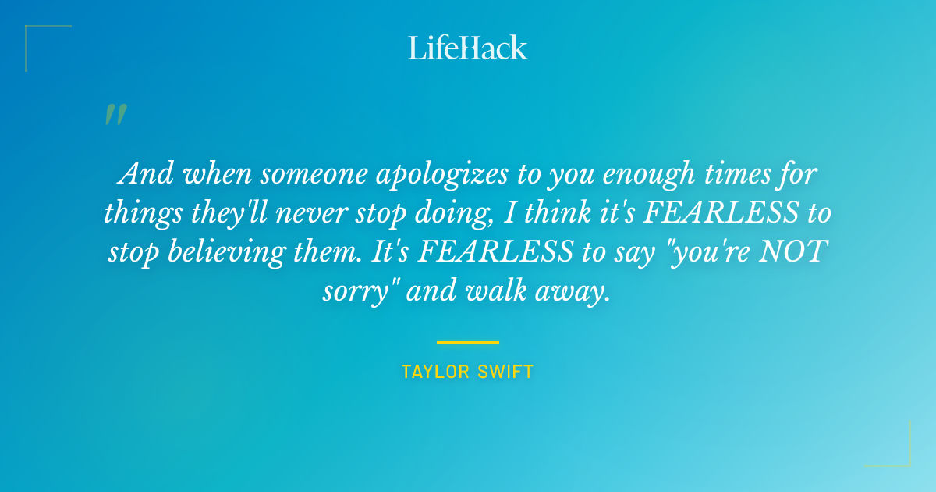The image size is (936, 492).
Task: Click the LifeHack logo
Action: coord(468,48)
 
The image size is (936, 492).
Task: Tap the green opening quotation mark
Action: coord(115,115)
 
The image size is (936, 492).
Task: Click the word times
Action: coord(745,173)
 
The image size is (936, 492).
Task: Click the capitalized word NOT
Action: coord(793,252)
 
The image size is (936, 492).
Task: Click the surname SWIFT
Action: coord(507,372)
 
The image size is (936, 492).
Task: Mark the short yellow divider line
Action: coord(468,342)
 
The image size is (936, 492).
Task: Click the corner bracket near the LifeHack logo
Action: coord(35,35)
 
